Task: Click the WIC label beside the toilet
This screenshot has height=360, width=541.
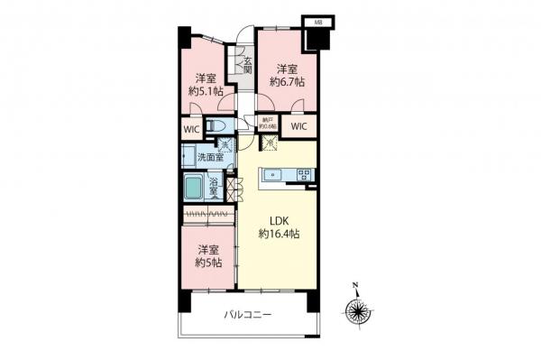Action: tap(191, 129)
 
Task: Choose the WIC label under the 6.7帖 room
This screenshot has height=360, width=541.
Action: tap(298, 127)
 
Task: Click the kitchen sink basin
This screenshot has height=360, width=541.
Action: tap(273, 175)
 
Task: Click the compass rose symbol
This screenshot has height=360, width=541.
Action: tap(359, 312)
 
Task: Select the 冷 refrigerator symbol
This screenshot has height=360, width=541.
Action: tap(269, 143)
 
